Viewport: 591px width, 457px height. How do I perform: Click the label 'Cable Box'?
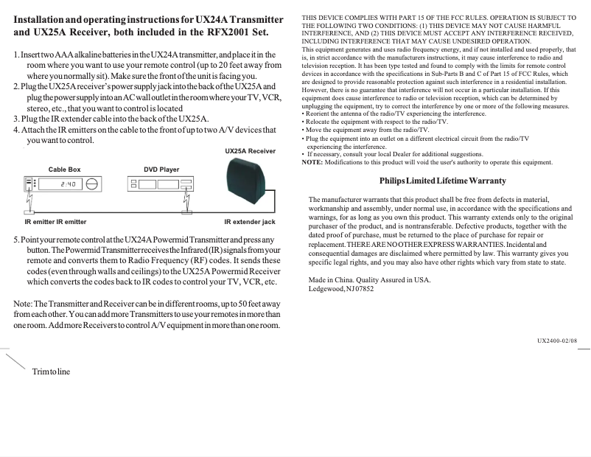(x=64, y=170)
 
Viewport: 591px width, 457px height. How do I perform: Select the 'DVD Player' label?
(x=161, y=170)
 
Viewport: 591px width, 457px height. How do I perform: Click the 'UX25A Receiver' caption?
(x=250, y=151)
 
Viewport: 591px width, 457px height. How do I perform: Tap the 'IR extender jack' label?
(x=249, y=221)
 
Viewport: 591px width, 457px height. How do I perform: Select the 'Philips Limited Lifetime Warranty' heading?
(x=442, y=181)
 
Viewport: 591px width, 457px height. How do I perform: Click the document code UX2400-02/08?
(x=557, y=340)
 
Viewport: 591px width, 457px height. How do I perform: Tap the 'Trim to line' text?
(x=50, y=371)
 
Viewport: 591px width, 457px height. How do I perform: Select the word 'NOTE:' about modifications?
(x=312, y=162)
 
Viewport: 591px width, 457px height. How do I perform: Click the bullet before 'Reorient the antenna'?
(x=304, y=114)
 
